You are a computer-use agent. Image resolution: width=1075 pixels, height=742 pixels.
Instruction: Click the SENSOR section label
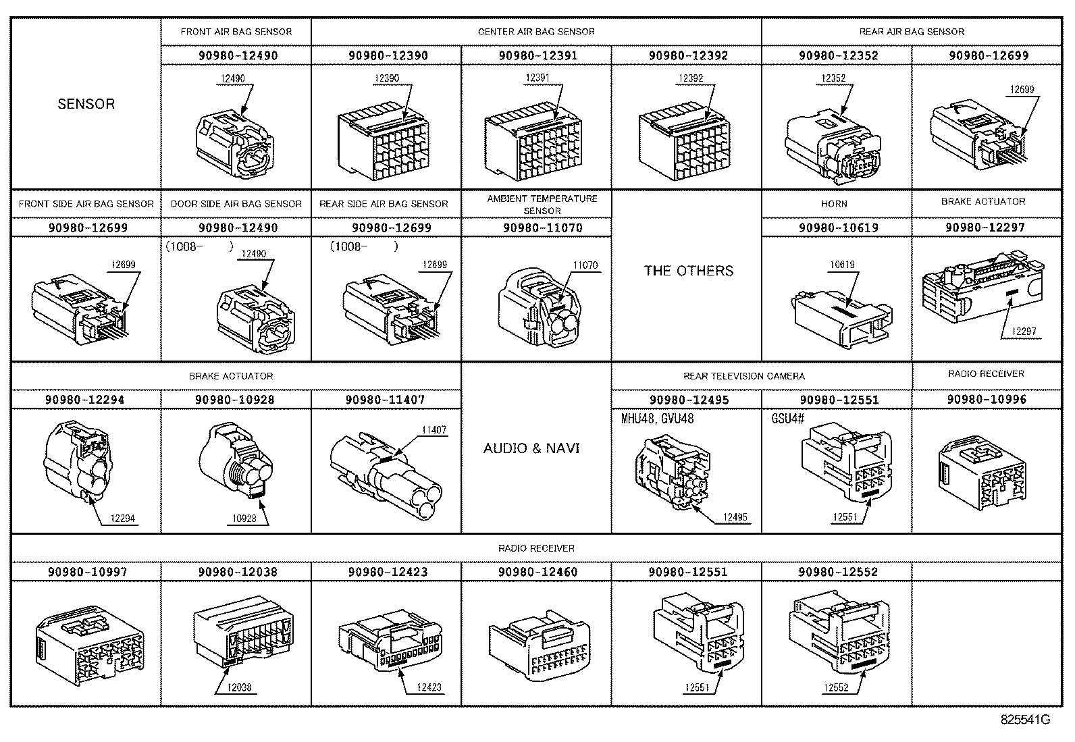(x=86, y=104)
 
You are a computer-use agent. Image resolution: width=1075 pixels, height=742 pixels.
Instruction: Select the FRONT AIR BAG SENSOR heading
(x=236, y=32)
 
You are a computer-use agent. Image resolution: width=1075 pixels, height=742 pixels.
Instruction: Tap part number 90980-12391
(x=537, y=55)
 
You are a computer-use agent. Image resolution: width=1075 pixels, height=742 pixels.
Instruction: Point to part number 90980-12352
(x=838, y=55)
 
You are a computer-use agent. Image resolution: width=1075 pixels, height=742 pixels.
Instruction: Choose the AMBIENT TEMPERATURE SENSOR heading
(x=542, y=205)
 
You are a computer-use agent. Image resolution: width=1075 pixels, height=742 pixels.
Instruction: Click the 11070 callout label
(x=585, y=265)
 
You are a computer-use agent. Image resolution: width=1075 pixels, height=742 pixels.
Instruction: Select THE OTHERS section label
(x=687, y=271)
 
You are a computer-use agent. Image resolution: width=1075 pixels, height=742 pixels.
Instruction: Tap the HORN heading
(x=834, y=203)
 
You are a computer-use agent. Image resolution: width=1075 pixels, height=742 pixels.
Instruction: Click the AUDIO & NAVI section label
(x=531, y=448)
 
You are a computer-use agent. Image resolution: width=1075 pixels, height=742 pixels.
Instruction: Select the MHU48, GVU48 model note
(x=656, y=419)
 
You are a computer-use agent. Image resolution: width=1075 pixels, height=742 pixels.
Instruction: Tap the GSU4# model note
(x=787, y=419)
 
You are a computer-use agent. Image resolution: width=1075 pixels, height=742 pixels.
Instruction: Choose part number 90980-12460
(x=537, y=572)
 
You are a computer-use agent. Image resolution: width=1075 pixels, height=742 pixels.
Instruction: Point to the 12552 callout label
(x=835, y=687)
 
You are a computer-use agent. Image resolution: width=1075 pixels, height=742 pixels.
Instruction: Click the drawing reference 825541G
(x=1024, y=719)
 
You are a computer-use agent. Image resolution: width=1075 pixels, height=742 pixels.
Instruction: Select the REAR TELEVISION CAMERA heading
(x=743, y=376)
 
